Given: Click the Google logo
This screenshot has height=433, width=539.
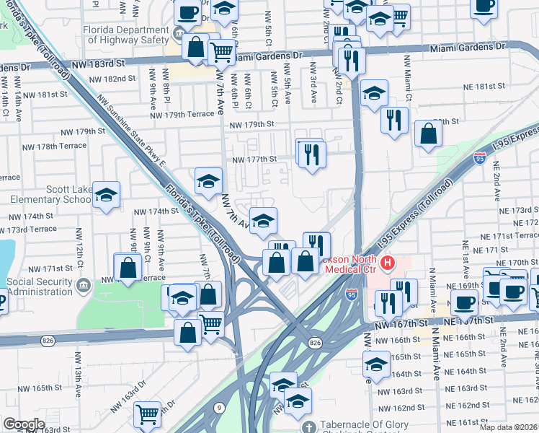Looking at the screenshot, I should [24, 424].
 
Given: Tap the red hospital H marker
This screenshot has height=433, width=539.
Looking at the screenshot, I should [388, 263].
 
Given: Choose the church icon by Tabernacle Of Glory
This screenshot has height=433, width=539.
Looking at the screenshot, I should [308, 427].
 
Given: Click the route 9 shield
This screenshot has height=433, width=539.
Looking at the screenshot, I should [218, 407].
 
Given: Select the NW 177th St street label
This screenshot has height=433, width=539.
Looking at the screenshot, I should [254, 159].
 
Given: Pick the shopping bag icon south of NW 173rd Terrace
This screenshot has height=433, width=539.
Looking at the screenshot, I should [128, 268].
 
